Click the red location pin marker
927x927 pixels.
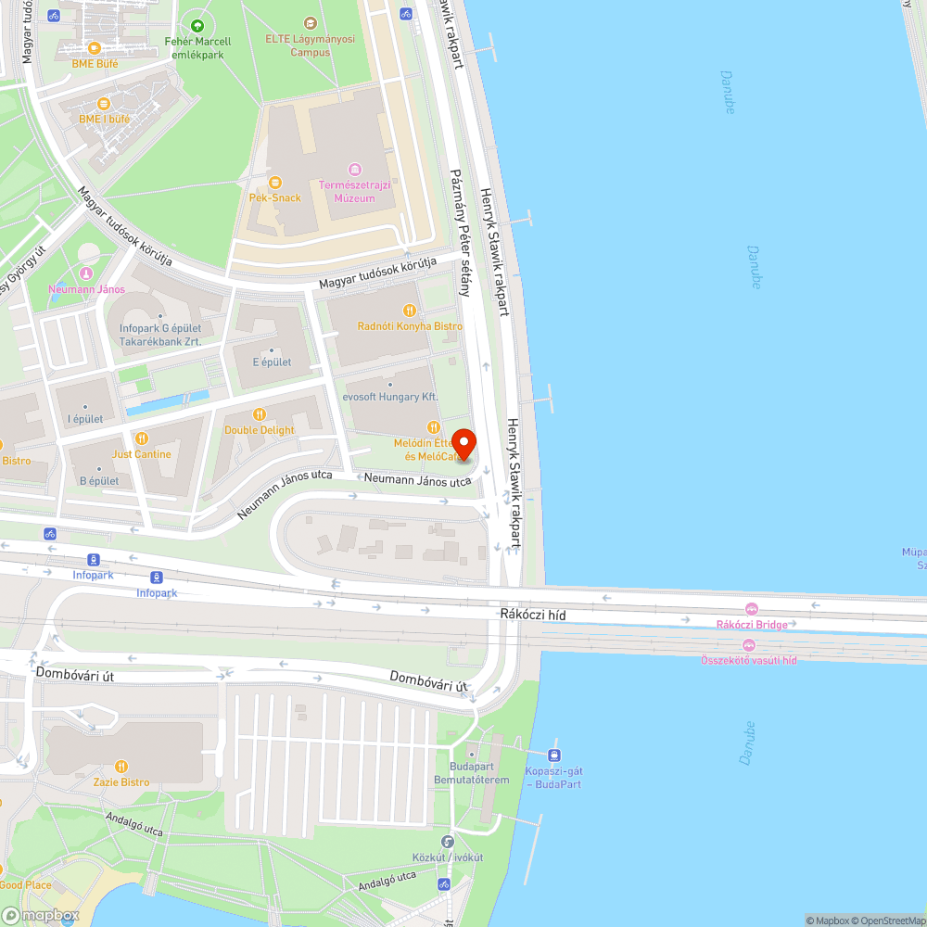(463, 444)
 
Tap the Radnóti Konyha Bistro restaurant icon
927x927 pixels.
(410, 310)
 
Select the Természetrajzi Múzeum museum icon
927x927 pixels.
(354, 169)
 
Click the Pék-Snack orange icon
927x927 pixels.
(274, 182)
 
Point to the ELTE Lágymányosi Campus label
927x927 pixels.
(310, 46)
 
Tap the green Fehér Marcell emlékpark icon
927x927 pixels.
(197, 25)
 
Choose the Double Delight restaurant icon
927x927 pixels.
(260, 414)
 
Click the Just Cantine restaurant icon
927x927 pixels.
(142, 438)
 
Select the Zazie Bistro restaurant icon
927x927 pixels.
(121, 767)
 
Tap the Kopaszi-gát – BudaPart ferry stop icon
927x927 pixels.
(554, 756)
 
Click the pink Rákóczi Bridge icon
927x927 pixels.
(751, 609)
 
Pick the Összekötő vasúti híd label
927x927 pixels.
(749, 659)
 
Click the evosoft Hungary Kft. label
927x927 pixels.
(390, 397)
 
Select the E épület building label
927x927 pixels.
(272, 362)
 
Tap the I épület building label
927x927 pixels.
(85, 419)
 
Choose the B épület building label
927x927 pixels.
(99, 481)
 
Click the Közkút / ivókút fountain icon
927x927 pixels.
(448, 842)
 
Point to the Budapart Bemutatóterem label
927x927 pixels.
(472, 773)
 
